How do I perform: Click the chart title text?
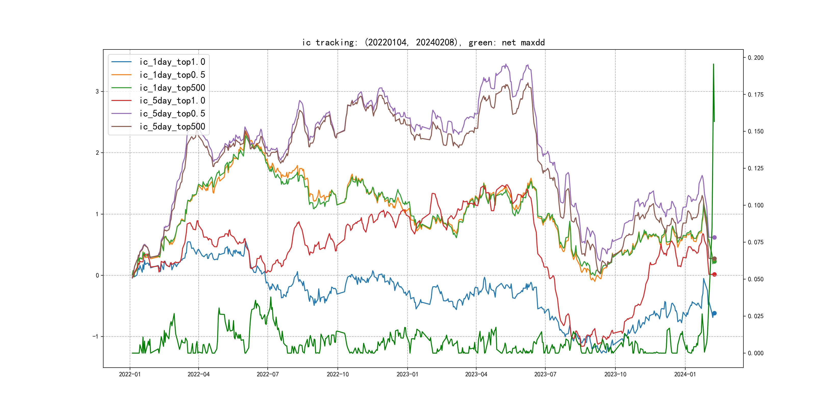[x=423, y=43]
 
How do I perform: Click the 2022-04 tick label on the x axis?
[x=199, y=374]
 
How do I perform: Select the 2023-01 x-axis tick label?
[x=407, y=374]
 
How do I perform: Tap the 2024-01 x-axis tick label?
[x=685, y=374]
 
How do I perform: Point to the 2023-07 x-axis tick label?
[x=545, y=374]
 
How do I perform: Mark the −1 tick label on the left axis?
[x=96, y=336]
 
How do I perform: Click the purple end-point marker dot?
[x=714, y=238]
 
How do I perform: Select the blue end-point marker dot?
[x=714, y=313]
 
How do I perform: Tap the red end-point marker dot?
[x=714, y=275]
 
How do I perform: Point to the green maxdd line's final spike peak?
[x=714, y=64]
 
